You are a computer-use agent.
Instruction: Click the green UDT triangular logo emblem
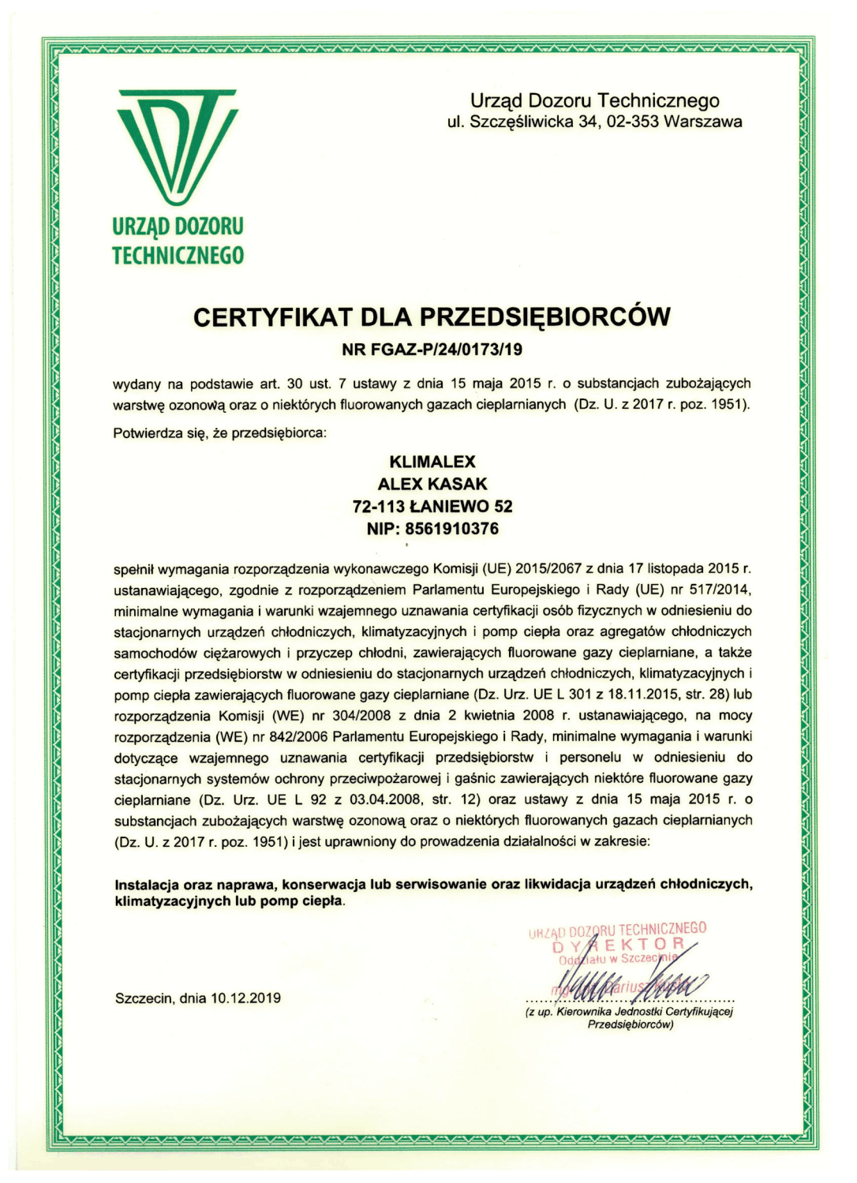point(178,146)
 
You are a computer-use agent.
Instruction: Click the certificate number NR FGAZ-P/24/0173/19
point(432,348)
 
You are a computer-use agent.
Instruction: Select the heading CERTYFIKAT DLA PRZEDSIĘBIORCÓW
point(432,317)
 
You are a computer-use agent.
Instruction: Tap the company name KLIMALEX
point(432,462)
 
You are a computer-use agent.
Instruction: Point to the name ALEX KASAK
point(432,484)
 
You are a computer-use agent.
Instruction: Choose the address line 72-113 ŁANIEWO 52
point(432,506)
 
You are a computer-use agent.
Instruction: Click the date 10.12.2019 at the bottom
point(245,998)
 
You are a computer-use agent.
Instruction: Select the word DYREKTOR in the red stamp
point(618,944)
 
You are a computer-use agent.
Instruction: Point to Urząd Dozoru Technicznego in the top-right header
point(594,101)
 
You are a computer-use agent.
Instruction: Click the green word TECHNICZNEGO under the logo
point(178,255)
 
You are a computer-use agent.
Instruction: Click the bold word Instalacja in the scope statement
point(146,884)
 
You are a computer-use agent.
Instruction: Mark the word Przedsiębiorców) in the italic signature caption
point(630,1025)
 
